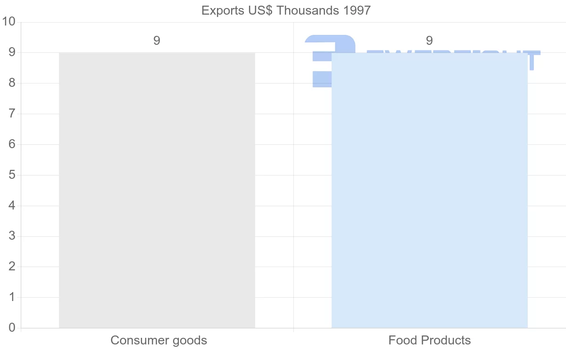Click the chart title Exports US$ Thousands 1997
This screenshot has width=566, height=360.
(286, 10)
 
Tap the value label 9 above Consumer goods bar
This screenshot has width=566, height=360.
(157, 41)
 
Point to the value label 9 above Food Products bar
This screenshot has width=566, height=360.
(429, 41)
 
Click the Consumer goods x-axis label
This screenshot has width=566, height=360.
(158, 340)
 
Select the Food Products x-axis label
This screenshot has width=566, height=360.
(429, 340)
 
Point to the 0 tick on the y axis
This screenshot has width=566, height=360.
(12, 328)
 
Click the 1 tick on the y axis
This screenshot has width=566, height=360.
(12, 297)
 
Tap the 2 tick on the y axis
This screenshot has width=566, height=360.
(12, 267)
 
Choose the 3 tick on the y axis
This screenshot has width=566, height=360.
(12, 236)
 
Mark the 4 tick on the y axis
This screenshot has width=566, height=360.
(12, 206)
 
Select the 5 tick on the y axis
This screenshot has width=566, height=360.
(12, 175)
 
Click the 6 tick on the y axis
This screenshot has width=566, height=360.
(12, 144)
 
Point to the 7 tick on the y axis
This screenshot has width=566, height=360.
(12, 114)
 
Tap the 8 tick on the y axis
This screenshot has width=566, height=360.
(12, 83)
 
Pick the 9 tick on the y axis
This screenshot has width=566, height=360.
(12, 52)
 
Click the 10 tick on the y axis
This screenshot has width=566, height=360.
(9, 22)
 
